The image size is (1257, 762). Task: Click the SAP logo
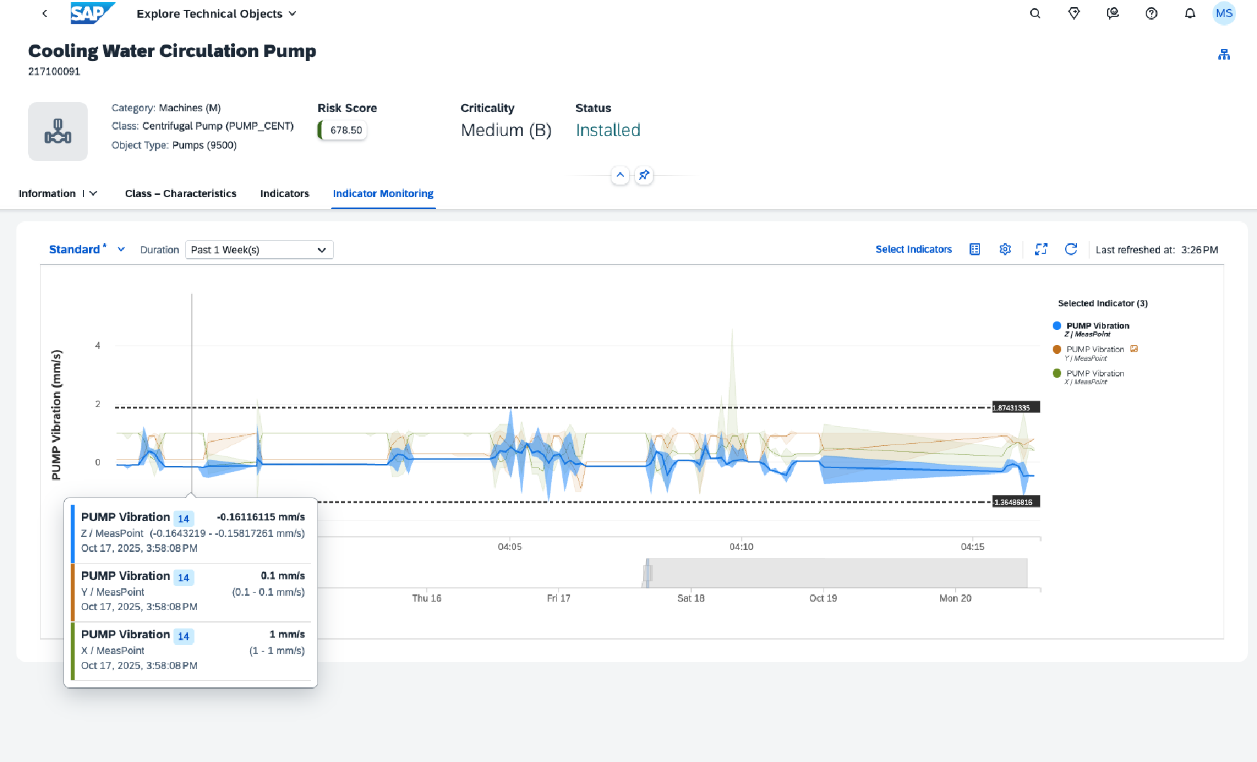(x=92, y=13)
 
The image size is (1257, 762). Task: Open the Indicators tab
(x=284, y=194)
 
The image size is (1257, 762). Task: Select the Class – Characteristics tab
(x=181, y=194)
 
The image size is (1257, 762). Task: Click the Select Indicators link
(x=913, y=249)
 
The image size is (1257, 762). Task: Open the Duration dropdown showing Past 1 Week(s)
(x=259, y=250)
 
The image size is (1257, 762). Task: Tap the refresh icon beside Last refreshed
(x=1071, y=249)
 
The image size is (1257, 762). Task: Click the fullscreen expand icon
(x=1041, y=249)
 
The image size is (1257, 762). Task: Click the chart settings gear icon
(x=1005, y=249)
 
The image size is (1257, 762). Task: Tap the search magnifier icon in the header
(x=1035, y=14)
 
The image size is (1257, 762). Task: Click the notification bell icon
(x=1190, y=14)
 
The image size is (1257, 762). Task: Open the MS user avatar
(x=1224, y=14)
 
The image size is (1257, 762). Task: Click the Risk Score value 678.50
(x=346, y=130)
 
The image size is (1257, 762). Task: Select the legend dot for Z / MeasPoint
(x=1057, y=326)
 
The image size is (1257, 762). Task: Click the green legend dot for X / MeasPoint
(x=1057, y=374)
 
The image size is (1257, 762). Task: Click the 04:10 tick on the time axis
(x=741, y=547)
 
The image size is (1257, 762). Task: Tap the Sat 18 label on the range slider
(x=691, y=598)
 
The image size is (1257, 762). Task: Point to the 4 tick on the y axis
(x=98, y=346)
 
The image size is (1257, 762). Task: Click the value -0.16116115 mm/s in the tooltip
(x=261, y=517)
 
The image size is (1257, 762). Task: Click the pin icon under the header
(x=644, y=175)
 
